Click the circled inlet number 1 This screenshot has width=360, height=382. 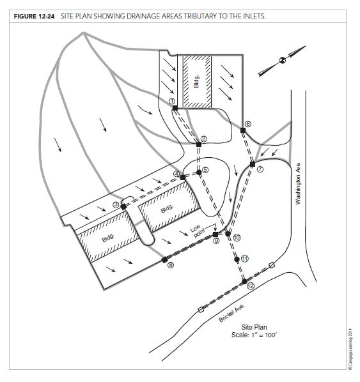click(171, 101)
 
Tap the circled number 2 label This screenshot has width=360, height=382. click(204, 139)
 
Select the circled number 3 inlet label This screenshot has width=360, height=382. click(116, 204)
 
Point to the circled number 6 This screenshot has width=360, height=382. click(248, 123)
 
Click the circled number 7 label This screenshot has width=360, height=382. click(260, 169)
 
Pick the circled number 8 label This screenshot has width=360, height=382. click(170, 266)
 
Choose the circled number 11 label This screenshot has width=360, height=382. click(244, 258)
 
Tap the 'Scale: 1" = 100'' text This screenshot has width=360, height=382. click(255, 335)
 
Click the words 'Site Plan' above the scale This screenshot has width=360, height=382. click(255, 326)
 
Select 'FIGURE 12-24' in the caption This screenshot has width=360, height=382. click(33, 12)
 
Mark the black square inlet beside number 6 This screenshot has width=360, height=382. click(242, 130)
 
